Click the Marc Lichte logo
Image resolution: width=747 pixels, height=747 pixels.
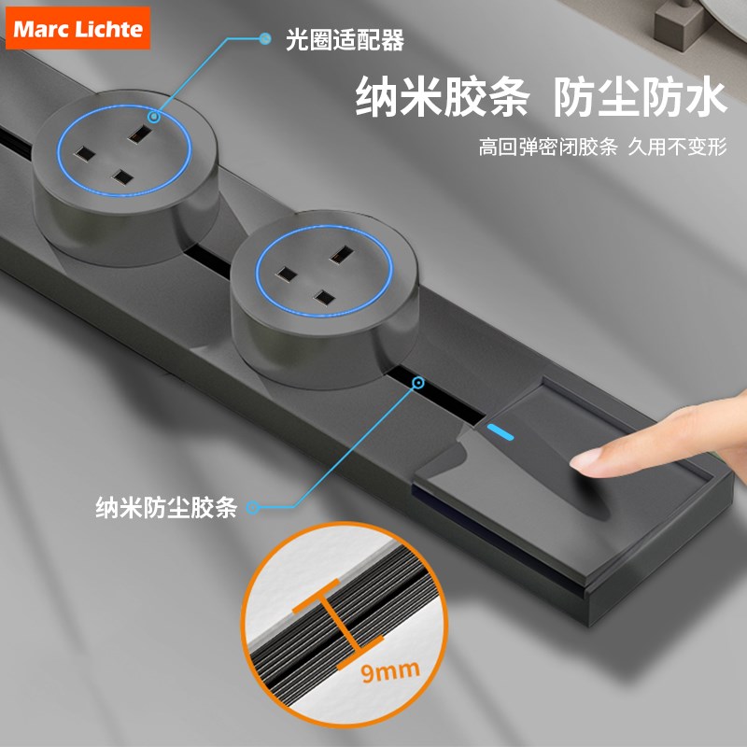[x=78, y=28]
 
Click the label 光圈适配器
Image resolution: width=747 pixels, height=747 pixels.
[x=345, y=39]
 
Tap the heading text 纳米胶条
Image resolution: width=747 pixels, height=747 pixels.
[x=442, y=97]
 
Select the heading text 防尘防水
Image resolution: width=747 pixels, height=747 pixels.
[x=640, y=97]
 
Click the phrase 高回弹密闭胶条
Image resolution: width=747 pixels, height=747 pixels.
[x=548, y=147]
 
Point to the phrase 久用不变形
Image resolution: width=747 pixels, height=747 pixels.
[x=678, y=147]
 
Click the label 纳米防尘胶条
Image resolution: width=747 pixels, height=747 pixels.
[x=166, y=507]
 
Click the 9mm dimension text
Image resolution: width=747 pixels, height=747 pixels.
[x=390, y=670]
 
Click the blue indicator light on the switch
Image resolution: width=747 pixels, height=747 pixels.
[x=500, y=432]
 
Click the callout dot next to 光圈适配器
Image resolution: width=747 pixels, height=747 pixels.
[x=265, y=38]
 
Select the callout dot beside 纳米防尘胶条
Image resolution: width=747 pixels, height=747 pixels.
[x=252, y=507]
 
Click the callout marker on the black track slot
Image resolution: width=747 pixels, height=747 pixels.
[x=418, y=383]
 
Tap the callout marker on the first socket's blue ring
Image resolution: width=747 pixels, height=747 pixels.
[x=153, y=116]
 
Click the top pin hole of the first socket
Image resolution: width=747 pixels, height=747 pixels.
[x=139, y=134]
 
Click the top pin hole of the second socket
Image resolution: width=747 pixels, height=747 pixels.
[x=341, y=254]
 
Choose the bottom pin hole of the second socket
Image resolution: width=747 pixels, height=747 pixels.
[x=325, y=298]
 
